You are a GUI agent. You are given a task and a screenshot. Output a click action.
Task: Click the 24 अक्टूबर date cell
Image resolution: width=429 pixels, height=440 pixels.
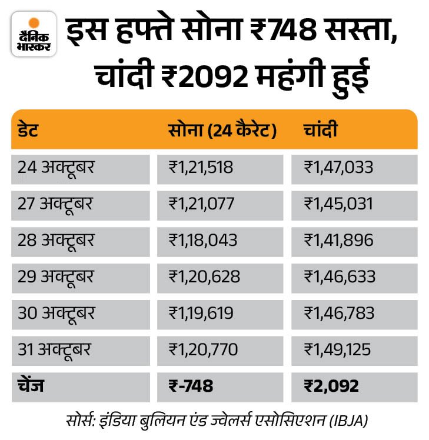tap(56, 168)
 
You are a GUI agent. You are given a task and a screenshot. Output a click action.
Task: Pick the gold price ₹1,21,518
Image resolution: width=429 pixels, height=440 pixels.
tap(201, 168)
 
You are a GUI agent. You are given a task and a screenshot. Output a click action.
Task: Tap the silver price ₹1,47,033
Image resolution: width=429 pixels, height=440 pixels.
tap(338, 168)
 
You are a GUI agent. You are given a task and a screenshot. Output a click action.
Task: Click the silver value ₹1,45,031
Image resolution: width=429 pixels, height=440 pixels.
tap(338, 204)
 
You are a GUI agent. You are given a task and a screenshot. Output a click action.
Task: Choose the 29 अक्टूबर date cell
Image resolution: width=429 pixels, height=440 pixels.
tap(56, 277)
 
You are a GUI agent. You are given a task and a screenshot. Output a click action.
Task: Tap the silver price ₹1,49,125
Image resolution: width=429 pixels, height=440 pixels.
tap(337, 350)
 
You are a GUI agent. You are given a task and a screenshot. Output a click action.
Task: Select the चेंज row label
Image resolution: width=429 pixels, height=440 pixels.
tap(31, 386)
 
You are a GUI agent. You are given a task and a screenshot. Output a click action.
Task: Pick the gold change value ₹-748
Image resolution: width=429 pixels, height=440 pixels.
tap(191, 386)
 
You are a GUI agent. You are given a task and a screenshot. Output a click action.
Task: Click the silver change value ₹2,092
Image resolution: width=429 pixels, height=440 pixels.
tap(331, 386)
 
